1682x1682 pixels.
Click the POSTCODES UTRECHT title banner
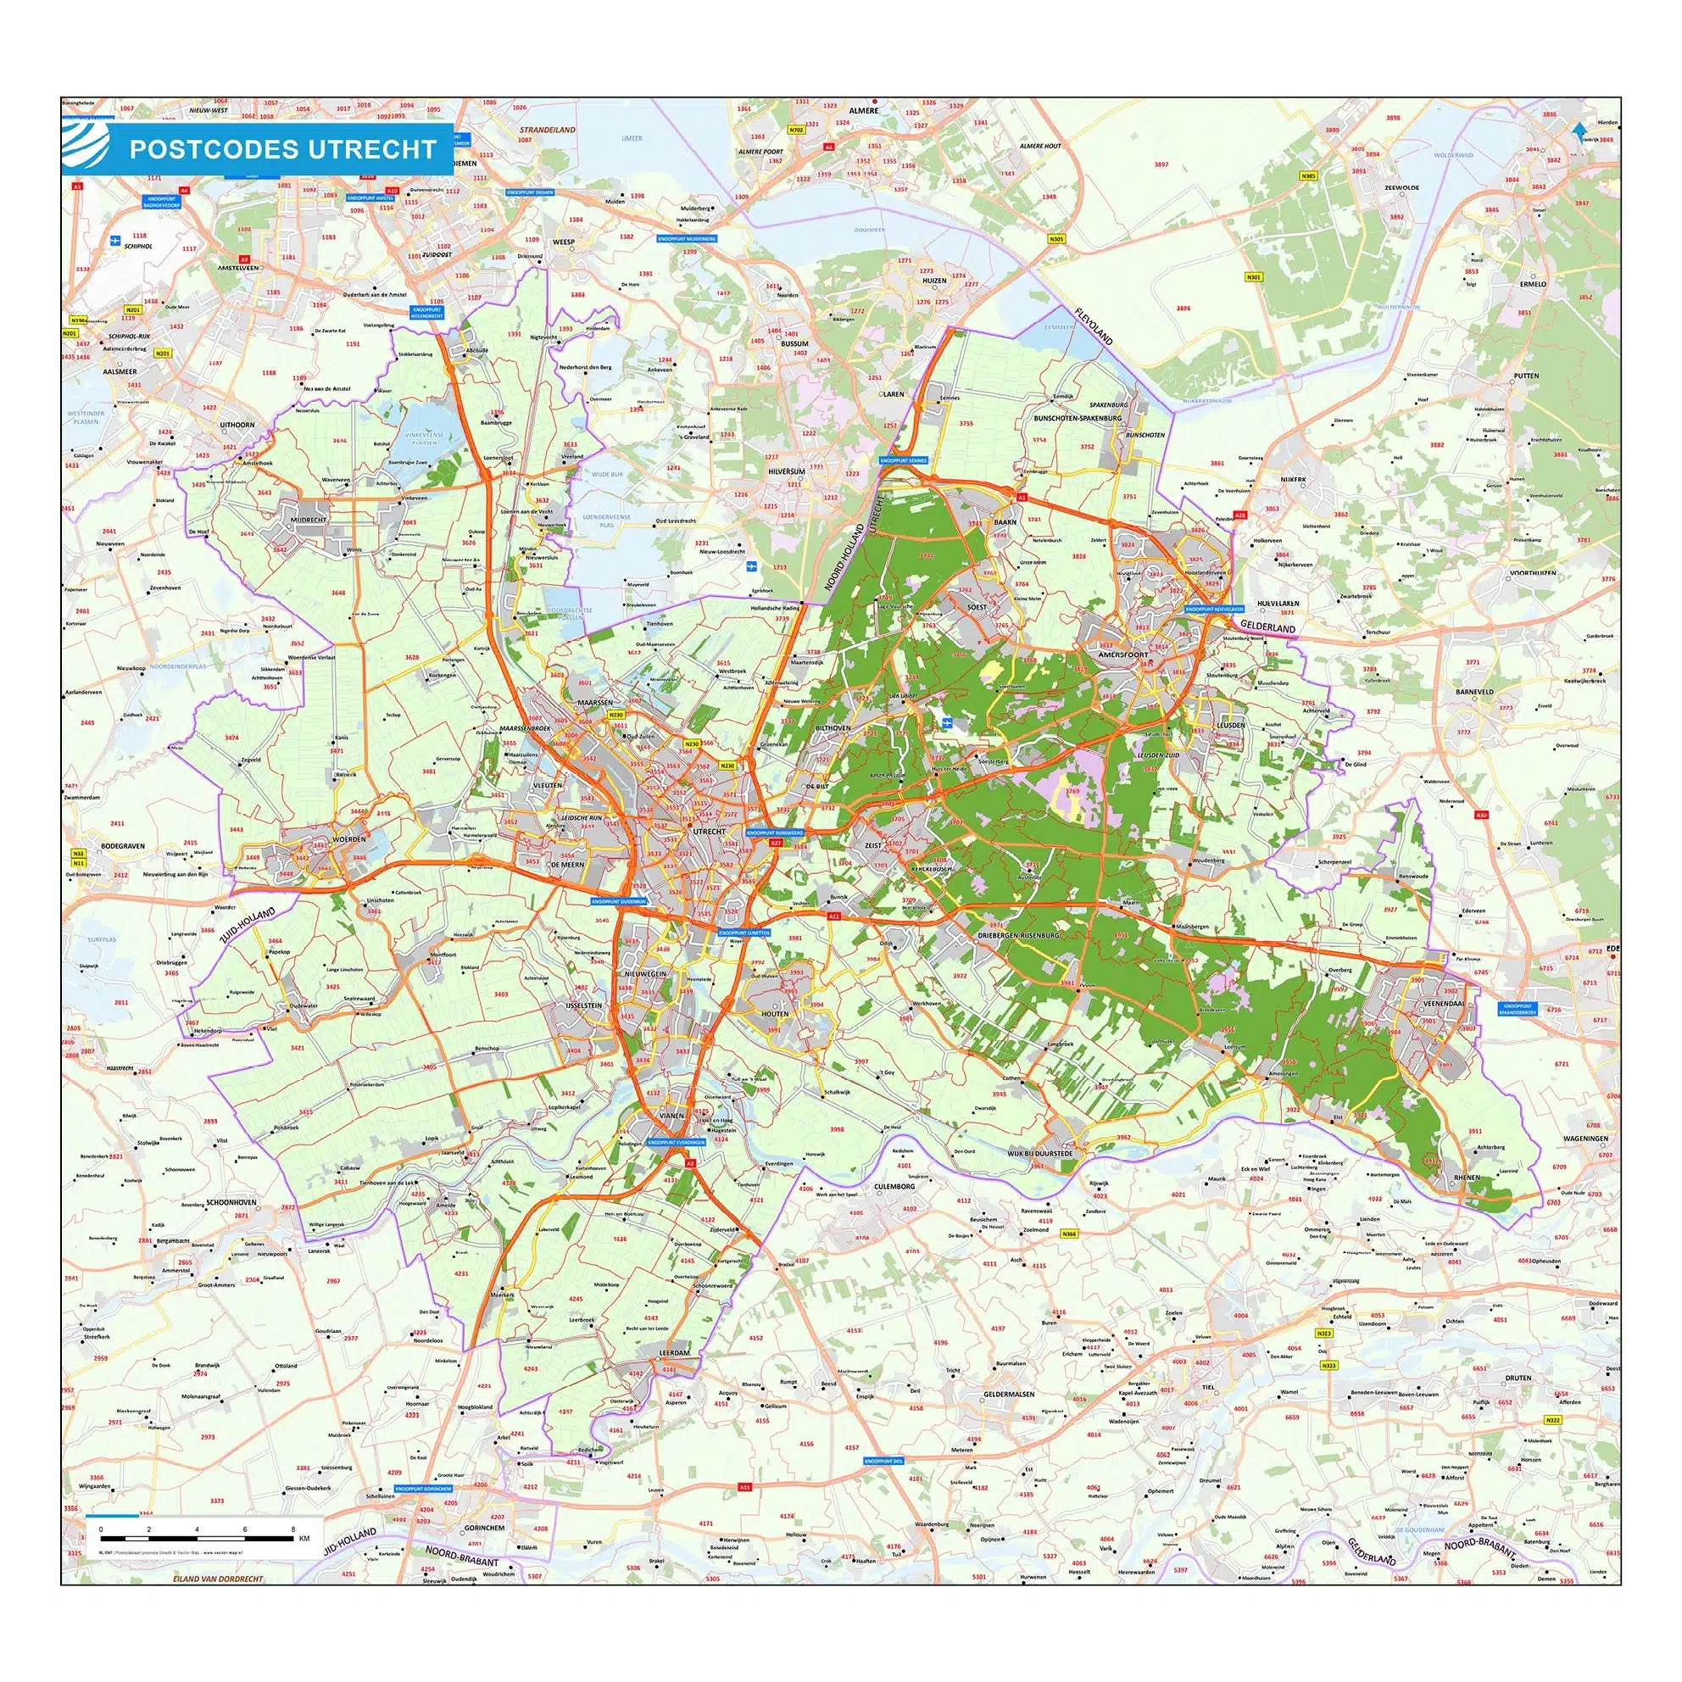282,149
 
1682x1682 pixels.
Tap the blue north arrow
1579,129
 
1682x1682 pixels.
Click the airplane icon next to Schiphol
115,239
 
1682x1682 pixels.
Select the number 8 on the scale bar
293,1529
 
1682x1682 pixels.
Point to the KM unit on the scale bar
304,1539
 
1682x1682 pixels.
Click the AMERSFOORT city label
1124,654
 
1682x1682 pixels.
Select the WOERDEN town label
348,839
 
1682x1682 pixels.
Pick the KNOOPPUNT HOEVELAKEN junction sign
1215,609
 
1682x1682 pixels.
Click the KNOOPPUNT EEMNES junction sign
905,459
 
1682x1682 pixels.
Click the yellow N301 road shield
1253,278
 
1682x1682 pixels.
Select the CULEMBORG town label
895,1186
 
